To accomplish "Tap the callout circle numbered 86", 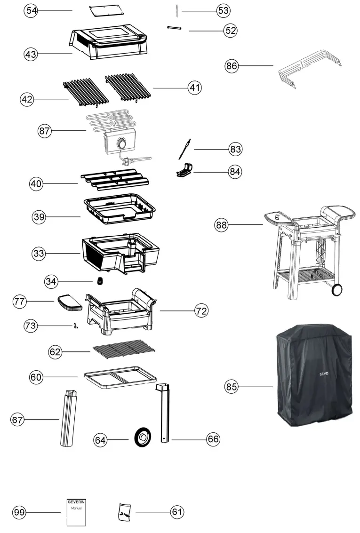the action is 232,66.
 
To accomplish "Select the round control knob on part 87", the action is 122,143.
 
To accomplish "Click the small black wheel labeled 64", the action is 142,438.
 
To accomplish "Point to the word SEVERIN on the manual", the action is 76,502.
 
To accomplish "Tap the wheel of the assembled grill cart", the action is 336,289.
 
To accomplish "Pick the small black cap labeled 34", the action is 100,281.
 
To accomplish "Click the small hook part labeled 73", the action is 75,326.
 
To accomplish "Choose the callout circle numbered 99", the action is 19,512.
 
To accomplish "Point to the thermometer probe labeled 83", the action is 184,149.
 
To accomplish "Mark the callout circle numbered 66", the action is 213,439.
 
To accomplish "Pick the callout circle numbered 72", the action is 201,310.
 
